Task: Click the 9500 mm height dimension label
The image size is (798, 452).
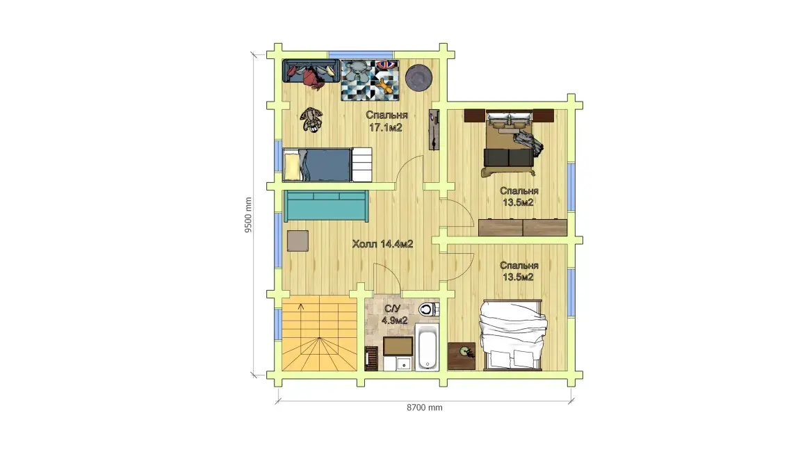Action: (x=248, y=215)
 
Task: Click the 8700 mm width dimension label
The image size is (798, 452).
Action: (x=425, y=407)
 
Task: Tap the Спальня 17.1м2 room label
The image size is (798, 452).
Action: (x=386, y=121)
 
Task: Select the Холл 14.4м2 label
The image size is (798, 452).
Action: (x=382, y=244)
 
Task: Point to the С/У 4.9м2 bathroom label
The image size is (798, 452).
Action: (x=394, y=314)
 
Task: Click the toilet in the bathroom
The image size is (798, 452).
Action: (x=428, y=309)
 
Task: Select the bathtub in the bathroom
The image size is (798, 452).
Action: (x=427, y=346)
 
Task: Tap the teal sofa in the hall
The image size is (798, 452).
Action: (x=326, y=206)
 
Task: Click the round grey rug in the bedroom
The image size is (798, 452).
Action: (x=419, y=77)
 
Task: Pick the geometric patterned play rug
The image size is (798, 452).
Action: (x=370, y=80)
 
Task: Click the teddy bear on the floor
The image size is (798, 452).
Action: (x=311, y=120)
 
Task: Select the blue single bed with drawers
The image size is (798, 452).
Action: (x=327, y=164)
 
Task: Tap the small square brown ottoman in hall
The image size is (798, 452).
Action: (x=298, y=241)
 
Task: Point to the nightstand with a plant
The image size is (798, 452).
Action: (x=462, y=356)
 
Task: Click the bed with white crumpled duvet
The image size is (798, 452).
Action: (x=512, y=334)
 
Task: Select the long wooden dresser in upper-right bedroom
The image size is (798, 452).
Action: (x=523, y=227)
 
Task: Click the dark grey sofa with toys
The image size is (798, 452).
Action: (x=311, y=72)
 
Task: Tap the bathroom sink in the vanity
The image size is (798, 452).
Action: (x=404, y=364)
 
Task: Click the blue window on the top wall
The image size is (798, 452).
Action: (x=361, y=54)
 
